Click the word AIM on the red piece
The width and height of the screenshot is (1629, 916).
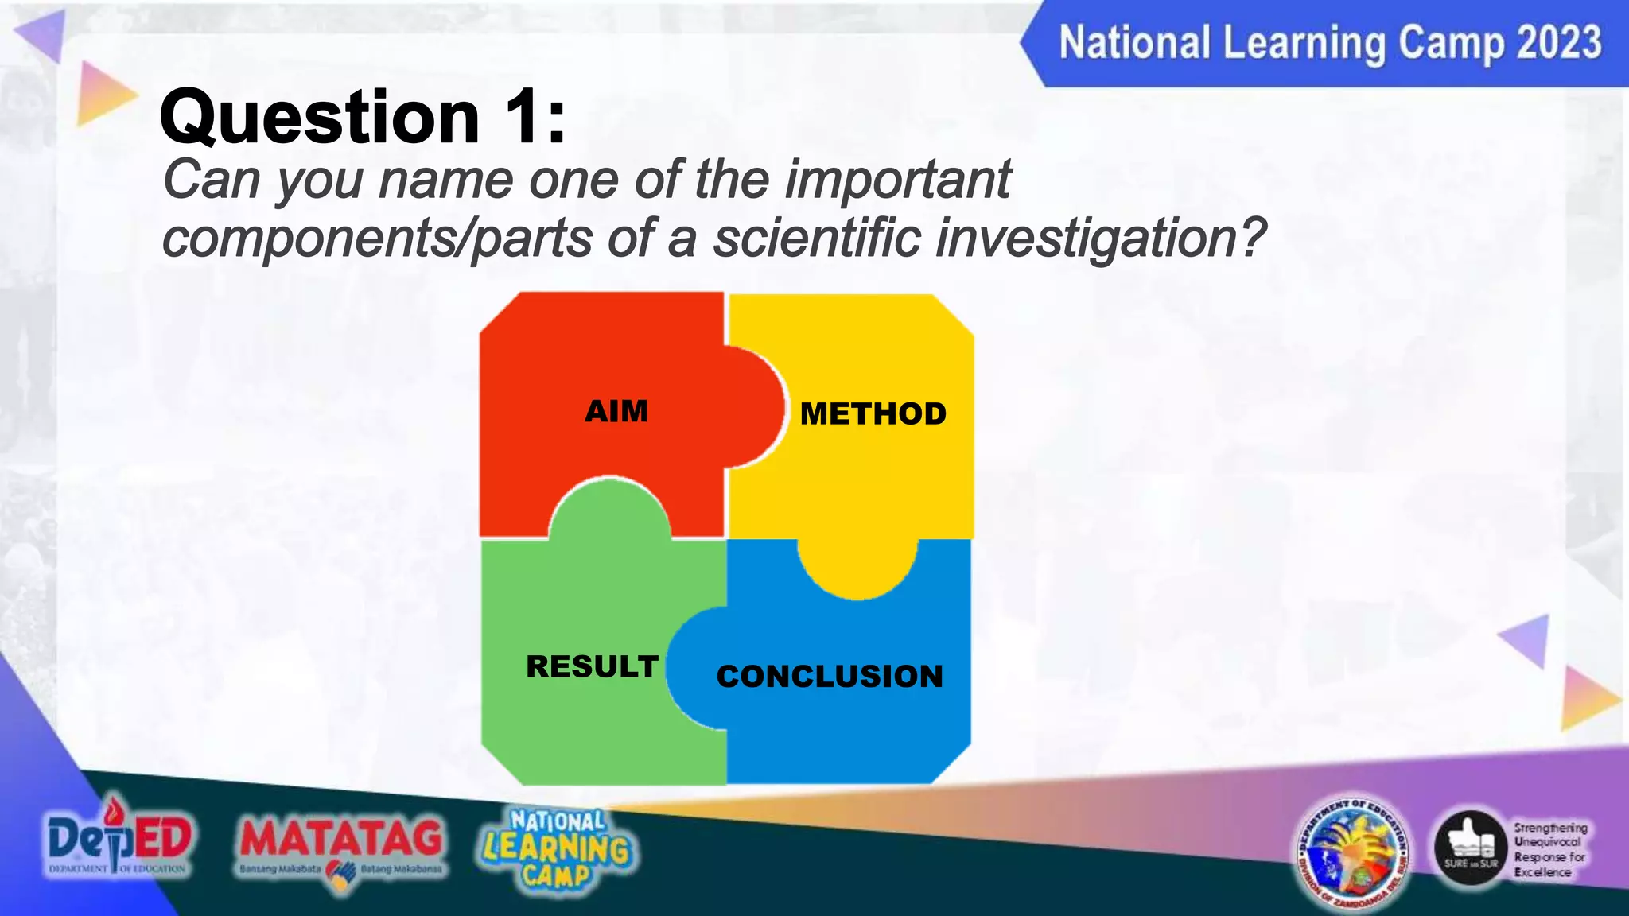[x=616, y=412]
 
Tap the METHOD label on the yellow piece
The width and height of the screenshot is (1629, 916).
[x=873, y=414]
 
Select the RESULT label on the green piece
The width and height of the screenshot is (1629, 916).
[x=592, y=666]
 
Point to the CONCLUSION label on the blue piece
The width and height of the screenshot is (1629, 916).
[x=830, y=677]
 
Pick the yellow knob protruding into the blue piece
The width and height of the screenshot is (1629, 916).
[x=857, y=566]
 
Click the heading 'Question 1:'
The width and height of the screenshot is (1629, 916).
[x=363, y=118]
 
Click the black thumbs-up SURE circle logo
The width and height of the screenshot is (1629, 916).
[x=1471, y=849]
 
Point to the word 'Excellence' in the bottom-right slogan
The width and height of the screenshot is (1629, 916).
[x=1542, y=872]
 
